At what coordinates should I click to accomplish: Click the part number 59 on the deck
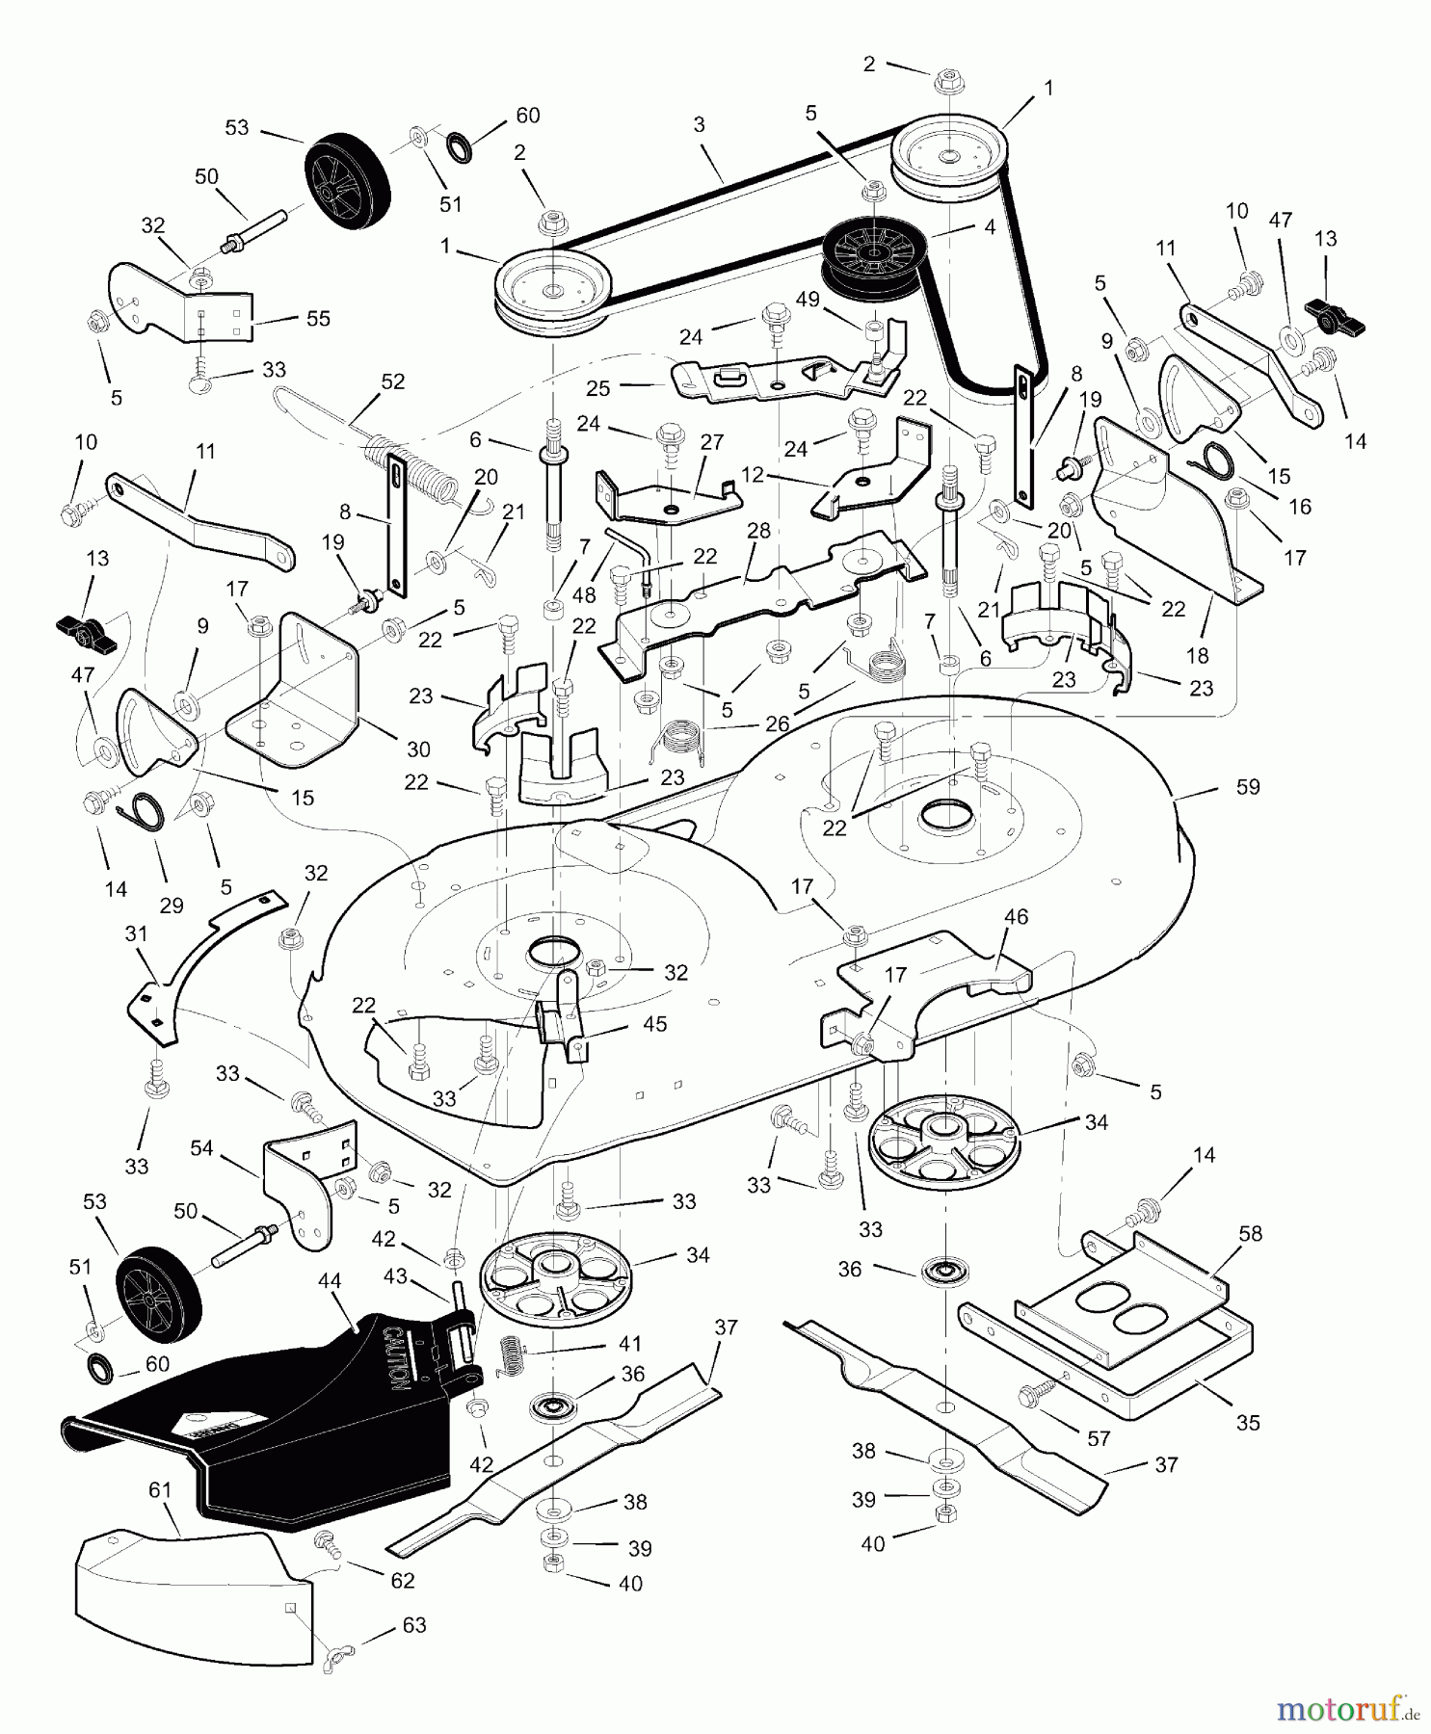[x=1248, y=787]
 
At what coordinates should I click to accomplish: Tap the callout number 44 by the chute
[x=330, y=1280]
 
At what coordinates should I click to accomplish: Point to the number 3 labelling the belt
[x=699, y=124]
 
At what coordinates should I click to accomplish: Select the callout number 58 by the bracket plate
[x=1250, y=1234]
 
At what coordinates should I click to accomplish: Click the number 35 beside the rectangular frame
[x=1248, y=1423]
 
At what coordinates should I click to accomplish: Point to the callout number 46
[x=1017, y=916]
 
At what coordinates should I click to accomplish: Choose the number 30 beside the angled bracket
[x=418, y=749]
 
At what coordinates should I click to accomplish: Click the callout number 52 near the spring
[x=392, y=381]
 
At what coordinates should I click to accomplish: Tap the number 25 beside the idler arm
[x=598, y=387]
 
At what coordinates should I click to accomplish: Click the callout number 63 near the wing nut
[x=413, y=1625]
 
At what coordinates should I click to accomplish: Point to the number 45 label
[x=655, y=1023]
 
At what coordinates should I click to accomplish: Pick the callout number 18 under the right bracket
[x=1197, y=656]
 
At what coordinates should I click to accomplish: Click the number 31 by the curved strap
[x=137, y=933]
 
